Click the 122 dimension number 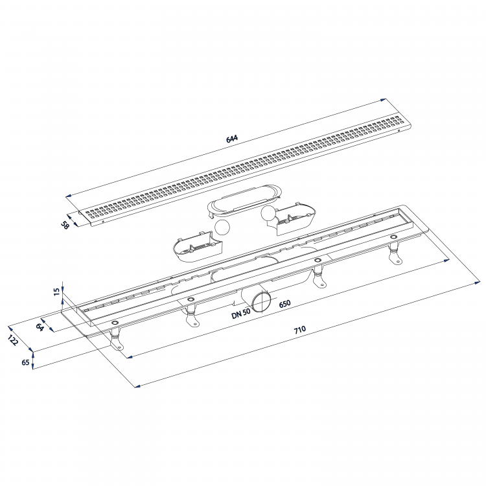(x=13, y=340)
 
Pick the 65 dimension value (x=25, y=363)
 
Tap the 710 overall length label (x=299, y=330)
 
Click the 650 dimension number (x=284, y=303)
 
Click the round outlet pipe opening (x=261, y=303)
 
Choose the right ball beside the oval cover (x=268, y=214)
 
